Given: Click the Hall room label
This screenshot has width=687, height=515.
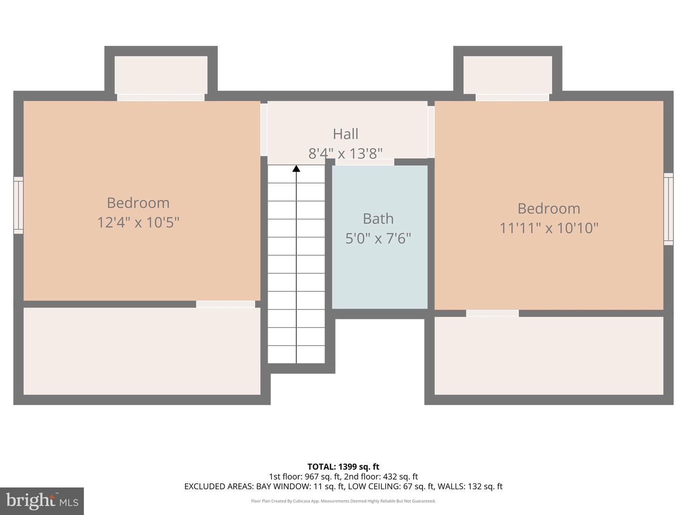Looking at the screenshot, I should (345, 134).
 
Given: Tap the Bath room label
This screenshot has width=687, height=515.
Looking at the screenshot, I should (378, 218).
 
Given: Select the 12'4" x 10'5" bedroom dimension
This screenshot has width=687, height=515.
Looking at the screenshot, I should (138, 222).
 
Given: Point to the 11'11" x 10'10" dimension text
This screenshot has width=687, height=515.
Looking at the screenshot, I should (549, 228).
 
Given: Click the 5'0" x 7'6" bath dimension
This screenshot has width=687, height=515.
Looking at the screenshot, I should (378, 238).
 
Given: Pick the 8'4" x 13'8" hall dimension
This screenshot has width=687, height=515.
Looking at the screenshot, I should (345, 154).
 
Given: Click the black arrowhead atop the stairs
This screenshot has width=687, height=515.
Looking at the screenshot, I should (296, 168).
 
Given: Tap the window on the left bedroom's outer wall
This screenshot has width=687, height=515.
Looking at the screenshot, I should (18, 205).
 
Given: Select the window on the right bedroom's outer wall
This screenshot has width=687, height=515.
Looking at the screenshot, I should (668, 209).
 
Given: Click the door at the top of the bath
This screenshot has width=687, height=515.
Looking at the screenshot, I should (364, 162).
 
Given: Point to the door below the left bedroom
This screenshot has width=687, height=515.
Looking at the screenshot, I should (225, 304).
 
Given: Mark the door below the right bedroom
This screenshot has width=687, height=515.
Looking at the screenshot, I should (492, 313).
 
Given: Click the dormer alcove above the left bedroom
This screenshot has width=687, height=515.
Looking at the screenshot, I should (161, 75).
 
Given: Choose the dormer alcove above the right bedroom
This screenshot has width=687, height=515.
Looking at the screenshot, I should (508, 75).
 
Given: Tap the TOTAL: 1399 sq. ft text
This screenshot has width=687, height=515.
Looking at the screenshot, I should (343, 467).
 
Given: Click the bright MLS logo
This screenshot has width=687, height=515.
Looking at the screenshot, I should (42, 501).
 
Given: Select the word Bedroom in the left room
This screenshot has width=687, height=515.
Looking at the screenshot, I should (138, 203).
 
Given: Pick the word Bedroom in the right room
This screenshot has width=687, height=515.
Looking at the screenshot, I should (549, 208).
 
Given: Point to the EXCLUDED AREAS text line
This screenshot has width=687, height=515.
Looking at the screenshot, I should (343, 486).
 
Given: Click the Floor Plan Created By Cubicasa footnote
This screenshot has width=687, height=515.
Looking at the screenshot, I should (343, 501).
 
